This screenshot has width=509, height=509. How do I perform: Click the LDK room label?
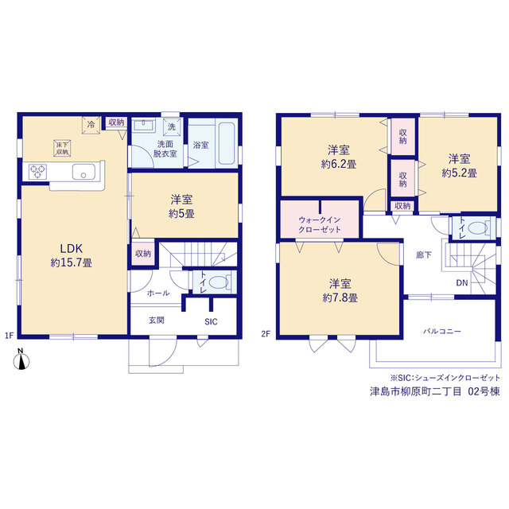72,249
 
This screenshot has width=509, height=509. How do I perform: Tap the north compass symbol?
21,359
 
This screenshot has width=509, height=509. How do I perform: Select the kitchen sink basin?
84,172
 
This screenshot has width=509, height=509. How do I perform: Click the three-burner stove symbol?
37,172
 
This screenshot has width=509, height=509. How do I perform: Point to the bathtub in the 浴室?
226,143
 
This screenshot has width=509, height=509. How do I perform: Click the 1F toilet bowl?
219,282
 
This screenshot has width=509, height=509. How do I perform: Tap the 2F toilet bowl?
478,227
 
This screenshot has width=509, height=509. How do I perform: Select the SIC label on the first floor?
211,321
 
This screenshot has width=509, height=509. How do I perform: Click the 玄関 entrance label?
157,321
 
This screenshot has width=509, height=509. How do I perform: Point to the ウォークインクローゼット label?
320,224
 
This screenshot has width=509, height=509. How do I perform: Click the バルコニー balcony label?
442,332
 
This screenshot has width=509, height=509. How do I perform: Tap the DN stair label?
462,283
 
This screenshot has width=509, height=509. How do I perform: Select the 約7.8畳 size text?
340,297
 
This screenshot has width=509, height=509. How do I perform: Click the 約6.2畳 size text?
339,164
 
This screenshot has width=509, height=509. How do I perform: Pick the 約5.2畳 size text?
460,173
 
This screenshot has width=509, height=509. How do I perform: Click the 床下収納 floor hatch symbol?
62,149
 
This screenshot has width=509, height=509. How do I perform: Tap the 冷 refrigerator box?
91,125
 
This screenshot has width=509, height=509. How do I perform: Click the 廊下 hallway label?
424,255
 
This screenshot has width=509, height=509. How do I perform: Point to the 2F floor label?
266,334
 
